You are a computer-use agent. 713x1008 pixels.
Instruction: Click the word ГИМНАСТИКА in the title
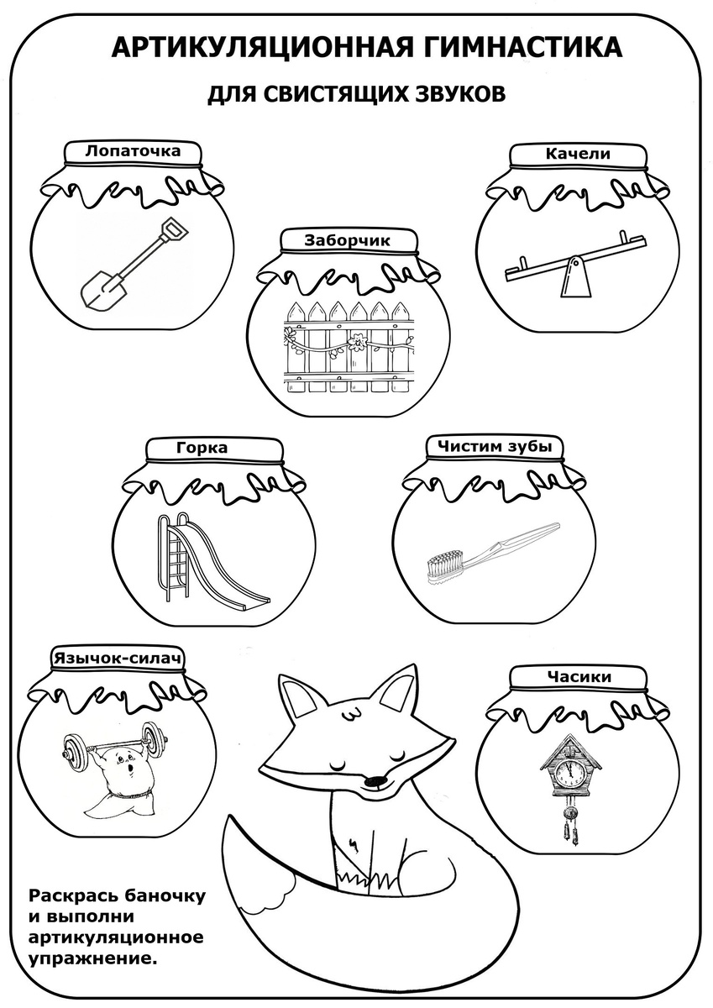[518, 47]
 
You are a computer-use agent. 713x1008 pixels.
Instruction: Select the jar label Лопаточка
[133, 150]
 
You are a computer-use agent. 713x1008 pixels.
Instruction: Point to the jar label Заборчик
[348, 240]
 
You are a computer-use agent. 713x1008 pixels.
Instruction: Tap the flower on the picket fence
[358, 340]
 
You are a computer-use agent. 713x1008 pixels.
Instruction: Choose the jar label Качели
[578, 154]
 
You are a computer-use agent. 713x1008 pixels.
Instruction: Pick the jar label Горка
[202, 448]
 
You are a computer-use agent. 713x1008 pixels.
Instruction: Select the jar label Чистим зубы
[495, 446]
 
